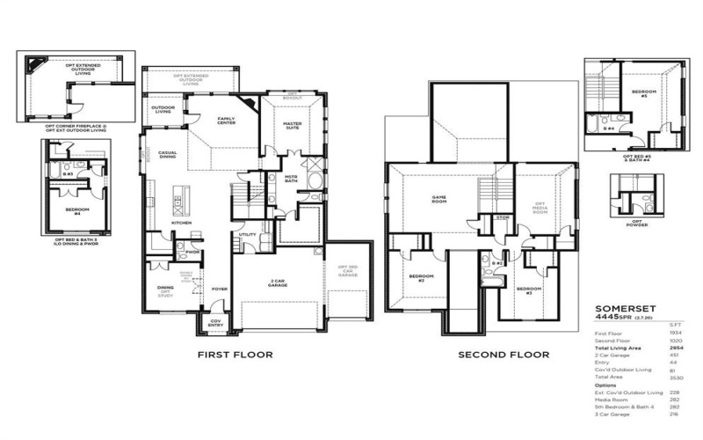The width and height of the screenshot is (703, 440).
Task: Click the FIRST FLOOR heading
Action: click(x=235, y=355)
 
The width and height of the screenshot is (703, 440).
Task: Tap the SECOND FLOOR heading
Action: click(x=504, y=355)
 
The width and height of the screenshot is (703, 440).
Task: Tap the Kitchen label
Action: click(x=181, y=223)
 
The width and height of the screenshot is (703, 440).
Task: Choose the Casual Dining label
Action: click(x=167, y=154)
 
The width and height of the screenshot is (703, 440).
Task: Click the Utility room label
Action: click(x=248, y=234)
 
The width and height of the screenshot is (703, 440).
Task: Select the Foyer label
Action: click(x=220, y=288)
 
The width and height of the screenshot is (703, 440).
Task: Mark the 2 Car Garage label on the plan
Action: click(x=280, y=283)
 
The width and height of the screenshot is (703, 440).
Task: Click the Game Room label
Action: click(x=439, y=198)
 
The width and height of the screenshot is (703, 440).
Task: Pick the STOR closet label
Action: click(x=503, y=216)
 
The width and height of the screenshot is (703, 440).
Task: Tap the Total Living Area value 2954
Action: click(x=676, y=348)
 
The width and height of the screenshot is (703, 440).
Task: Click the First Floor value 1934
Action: click(x=676, y=334)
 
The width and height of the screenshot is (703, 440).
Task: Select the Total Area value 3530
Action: click(x=676, y=378)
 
